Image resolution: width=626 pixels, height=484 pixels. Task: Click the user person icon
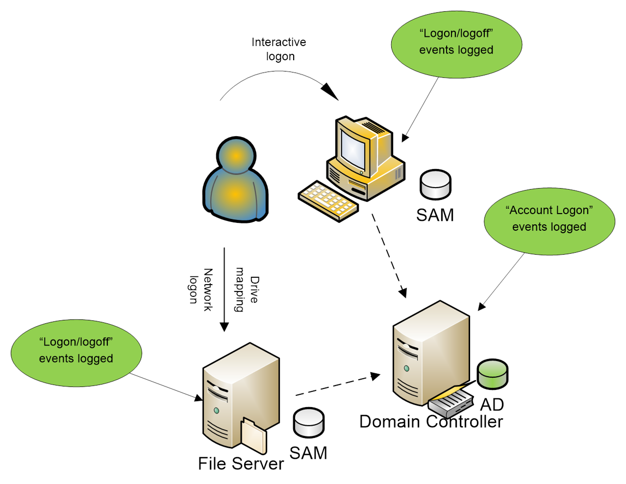point(236,181)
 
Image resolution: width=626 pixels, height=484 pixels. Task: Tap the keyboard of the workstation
point(328,201)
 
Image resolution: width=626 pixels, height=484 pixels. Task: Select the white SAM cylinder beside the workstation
point(435,184)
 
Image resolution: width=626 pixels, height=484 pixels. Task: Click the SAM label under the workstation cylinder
point(435,215)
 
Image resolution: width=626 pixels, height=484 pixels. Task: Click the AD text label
point(492,405)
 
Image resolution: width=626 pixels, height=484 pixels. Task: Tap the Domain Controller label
point(431,422)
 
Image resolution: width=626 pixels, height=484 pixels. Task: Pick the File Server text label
point(241,463)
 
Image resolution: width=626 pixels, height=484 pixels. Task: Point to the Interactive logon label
point(279,49)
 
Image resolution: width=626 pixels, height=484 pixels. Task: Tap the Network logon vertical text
point(201,290)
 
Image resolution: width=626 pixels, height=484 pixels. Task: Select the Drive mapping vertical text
point(247,290)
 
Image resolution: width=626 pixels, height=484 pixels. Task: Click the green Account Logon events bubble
point(549,221)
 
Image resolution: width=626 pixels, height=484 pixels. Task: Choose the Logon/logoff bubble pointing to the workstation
point(456,44)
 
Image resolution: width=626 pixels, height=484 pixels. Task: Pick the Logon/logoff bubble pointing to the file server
point(76,353)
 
